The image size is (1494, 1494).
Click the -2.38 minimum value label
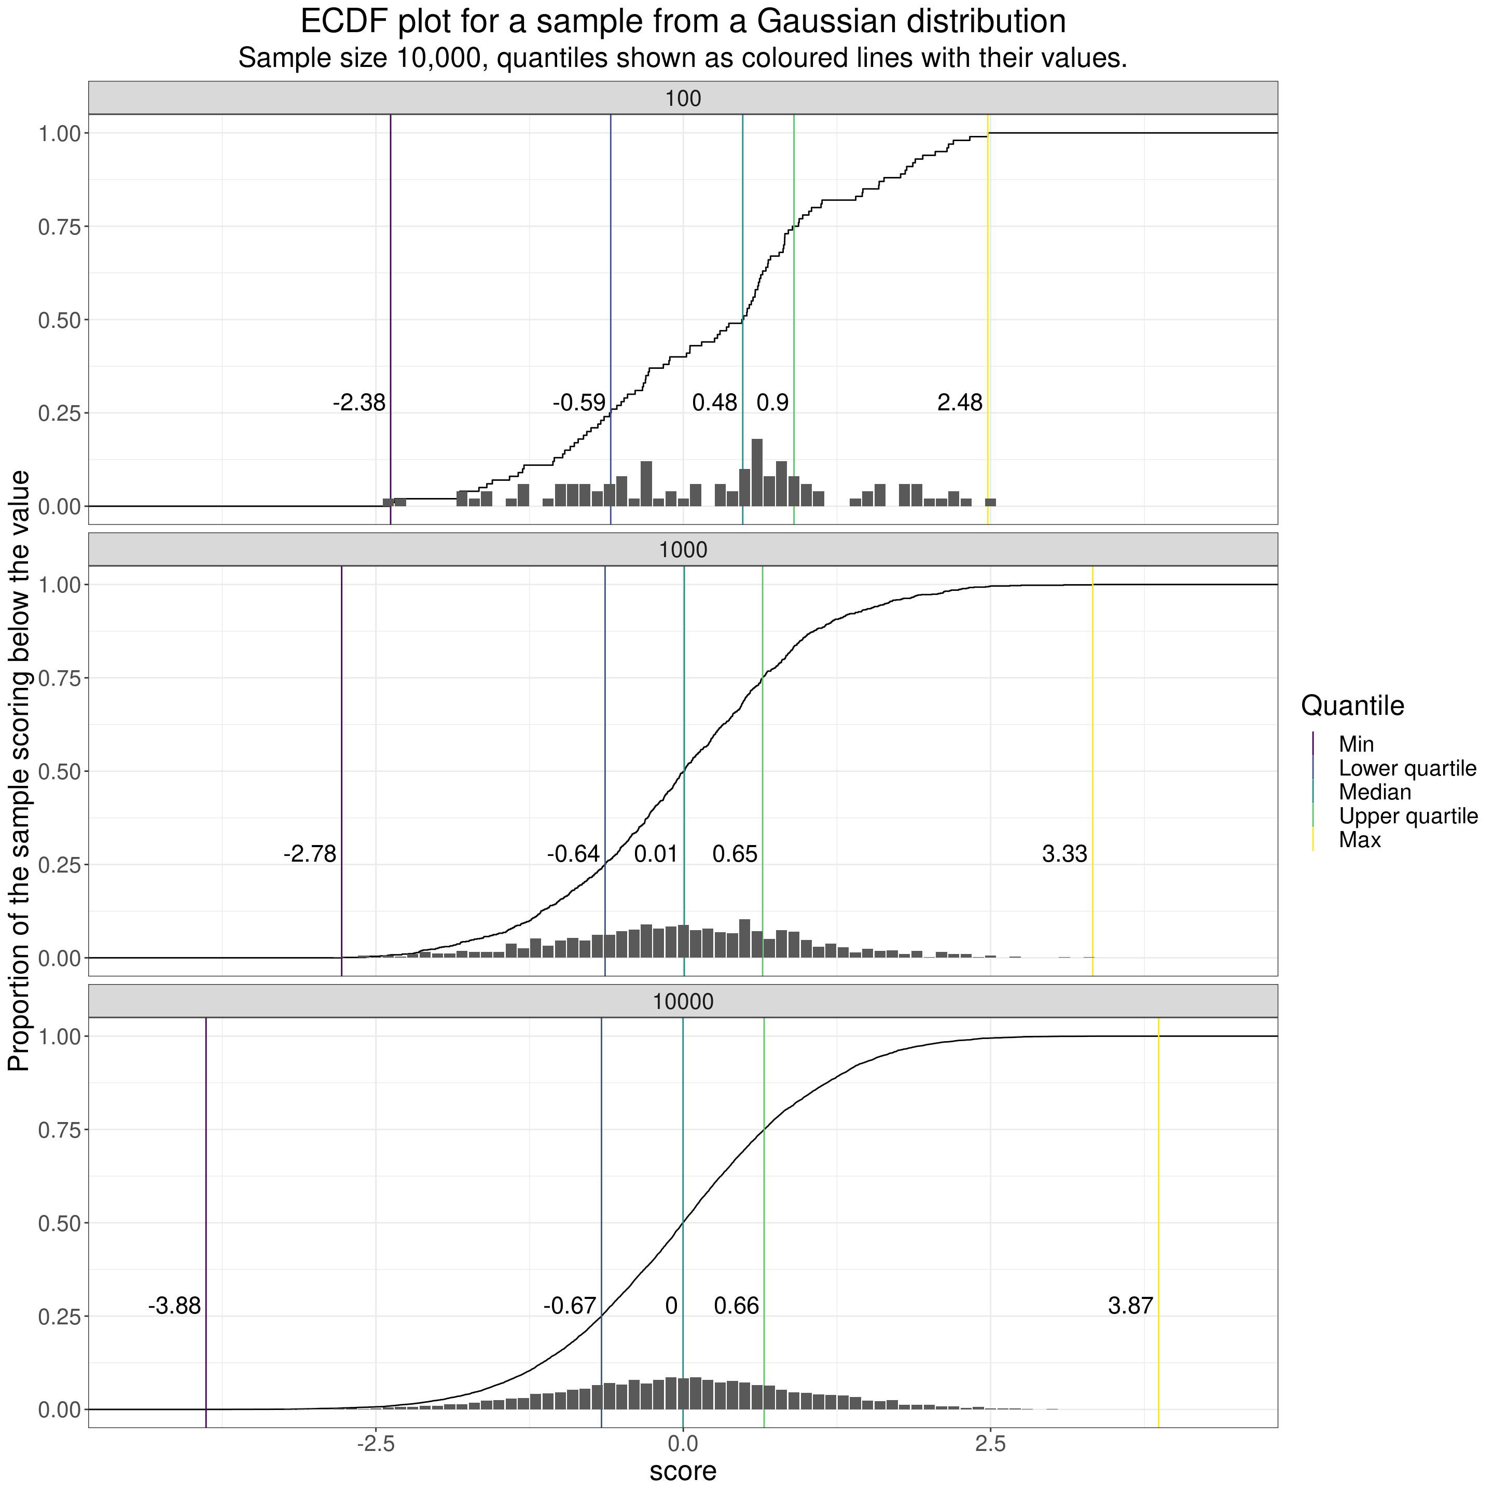point(359,403)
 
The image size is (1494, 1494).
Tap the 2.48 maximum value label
point(960,403)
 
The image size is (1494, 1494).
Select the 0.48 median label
point(714,403)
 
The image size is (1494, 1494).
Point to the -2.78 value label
point(310,854)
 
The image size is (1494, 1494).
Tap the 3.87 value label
point(1130,1306)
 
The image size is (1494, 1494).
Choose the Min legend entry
point(1357,745)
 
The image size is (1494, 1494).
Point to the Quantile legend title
point(1352,706)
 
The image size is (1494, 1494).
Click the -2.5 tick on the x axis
point(375,1443)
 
